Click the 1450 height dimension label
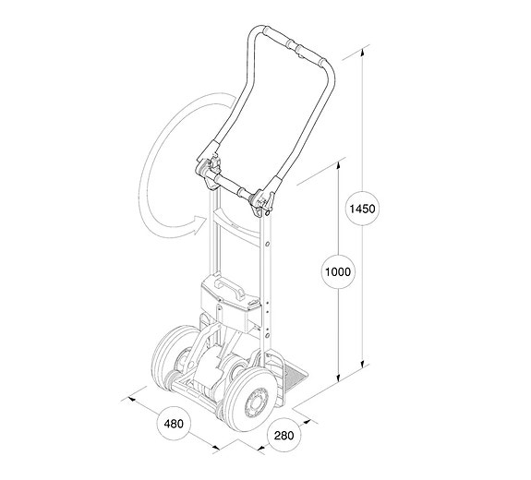[362, 209]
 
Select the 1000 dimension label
[338, 271]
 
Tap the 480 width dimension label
[174, 424]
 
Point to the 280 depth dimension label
[284, 436]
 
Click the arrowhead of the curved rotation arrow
[199, 224]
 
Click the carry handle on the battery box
[231, 286]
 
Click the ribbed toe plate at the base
[294, 376]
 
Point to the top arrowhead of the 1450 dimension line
[362, 53]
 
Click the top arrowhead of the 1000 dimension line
[338, 166]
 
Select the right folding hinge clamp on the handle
[263, 202]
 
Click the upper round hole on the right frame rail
[268, 244]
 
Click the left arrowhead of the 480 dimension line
[131, 400]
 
